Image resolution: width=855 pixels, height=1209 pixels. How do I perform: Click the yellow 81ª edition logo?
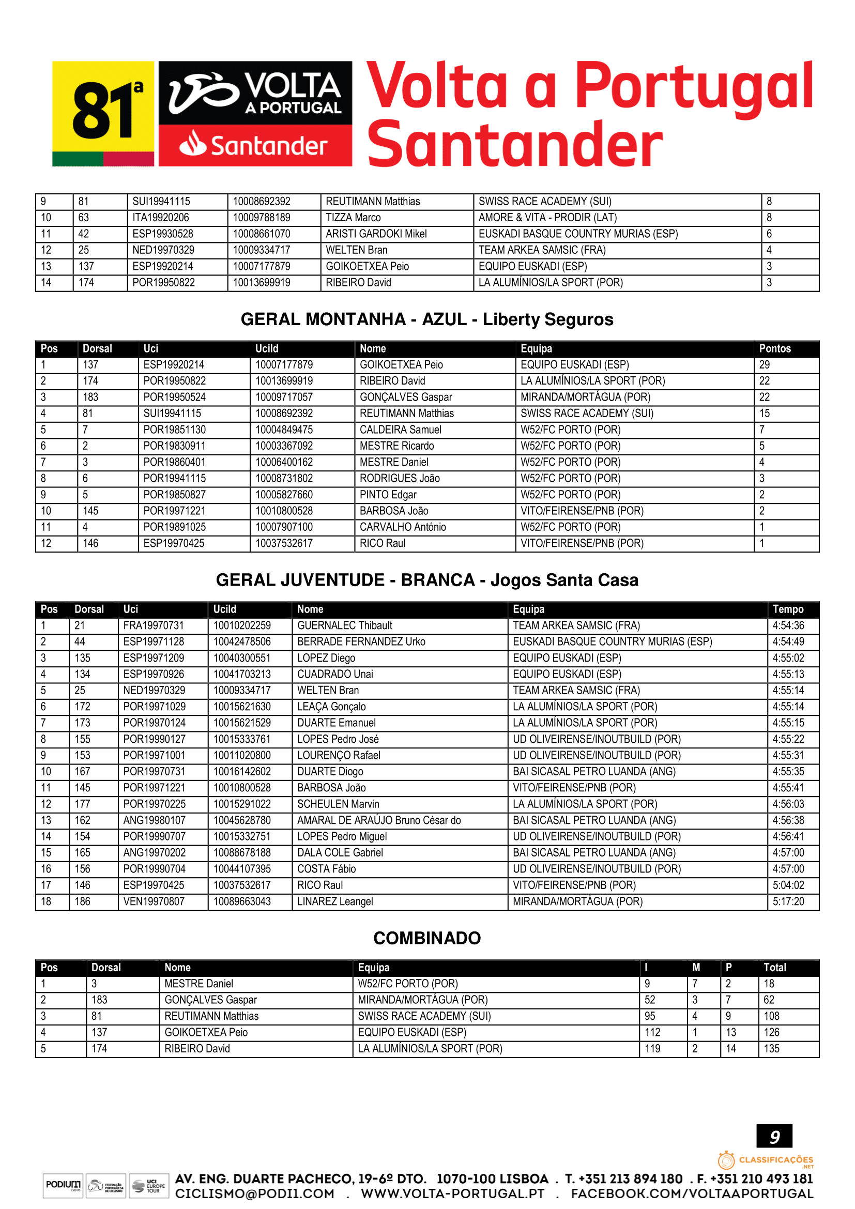pyautogui.click(x=103, y=113)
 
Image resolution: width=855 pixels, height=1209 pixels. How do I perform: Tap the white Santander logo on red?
pyautogui.click(x=255, y=145)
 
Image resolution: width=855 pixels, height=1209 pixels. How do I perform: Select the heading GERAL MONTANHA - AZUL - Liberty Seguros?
pyautogui.click(x=427, y=319)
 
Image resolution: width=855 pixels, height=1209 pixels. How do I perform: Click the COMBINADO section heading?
pyautogui.click(x=427, y=938)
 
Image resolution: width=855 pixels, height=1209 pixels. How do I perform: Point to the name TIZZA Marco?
pyautogui.click(x=353, y=218)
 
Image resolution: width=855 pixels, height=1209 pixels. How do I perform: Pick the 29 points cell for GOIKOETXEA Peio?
pyautogui.click(x=764, y=364)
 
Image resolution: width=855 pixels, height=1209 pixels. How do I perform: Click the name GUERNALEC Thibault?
pyautogui.click(x=344, y=625)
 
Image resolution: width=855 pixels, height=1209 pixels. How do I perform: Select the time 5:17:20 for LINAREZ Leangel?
pyautogui.click(x=788, y=901)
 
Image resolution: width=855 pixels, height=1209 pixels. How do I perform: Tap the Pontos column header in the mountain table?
pyautogui.click(x=774, y=348)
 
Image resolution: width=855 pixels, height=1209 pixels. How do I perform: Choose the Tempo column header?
pyautogui.click(x=788, y=609)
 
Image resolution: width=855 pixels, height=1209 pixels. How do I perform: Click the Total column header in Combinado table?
pyautogui.click(x=774, y=967)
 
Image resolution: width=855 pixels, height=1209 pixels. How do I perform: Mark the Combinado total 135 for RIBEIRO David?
pyautogui.click(x=771, y=1048)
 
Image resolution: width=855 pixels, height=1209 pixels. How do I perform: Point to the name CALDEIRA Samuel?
pyautogui.click(x=400, y=430)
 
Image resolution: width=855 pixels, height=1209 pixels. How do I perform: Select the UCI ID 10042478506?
pyautogui.click(x=241, y=641)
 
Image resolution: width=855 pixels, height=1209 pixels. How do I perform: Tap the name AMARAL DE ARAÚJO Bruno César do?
pyautogui.click(x=378, y=820)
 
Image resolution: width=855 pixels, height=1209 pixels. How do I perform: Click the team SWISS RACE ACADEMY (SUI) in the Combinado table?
pyautogui.click(x=424, y=1016)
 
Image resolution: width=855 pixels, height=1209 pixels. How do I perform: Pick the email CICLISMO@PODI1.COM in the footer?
pyautogui.click(x=255, y=1193)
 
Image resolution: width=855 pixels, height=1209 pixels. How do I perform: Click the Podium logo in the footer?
pyautogui.click(x=63, y=1186)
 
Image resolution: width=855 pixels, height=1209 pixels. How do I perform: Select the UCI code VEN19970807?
pyautogui.click(x=154, y=901)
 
